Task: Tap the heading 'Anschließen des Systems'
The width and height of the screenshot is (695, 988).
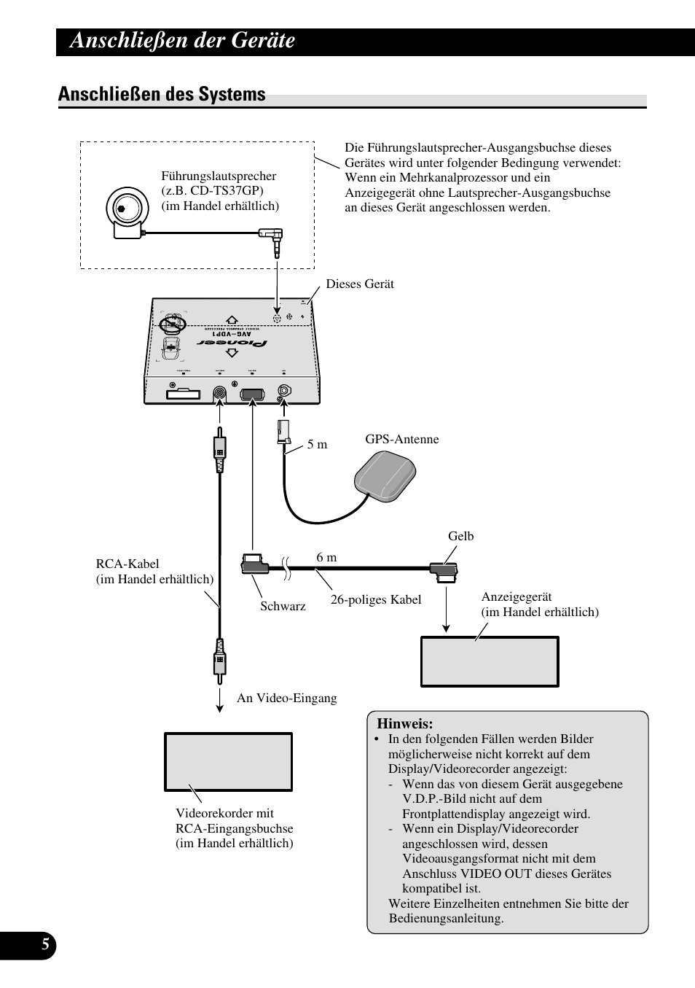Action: click(x=162, y=94)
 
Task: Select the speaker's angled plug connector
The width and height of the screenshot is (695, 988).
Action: click(x=273, y=238)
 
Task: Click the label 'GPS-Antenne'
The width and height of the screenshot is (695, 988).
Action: click(x=401, y=439)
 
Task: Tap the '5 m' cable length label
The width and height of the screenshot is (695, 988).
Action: click(x=317, y=444)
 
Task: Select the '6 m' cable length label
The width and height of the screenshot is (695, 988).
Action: click(x=326, y=557)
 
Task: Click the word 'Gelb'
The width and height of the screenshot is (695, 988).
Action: click(x=460, y=536)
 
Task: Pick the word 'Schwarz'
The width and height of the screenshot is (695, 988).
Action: click(x=283, y=606)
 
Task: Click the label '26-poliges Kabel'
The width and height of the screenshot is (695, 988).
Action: click(x=376, y=599)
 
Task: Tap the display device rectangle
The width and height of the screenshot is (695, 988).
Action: click(x=490, y=661)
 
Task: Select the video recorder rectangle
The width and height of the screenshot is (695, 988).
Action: click(x=228, y=762)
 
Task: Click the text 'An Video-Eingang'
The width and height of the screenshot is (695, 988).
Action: click(x=286, y=698)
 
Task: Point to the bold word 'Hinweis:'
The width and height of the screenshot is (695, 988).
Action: click(x=404, y=724)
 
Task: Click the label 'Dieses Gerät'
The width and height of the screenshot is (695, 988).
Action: click(x=359, y=284)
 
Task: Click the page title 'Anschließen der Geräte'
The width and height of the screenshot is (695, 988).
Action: click(x=182, y=41)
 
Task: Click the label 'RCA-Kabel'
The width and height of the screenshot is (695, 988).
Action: click(x=127, y=564)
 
